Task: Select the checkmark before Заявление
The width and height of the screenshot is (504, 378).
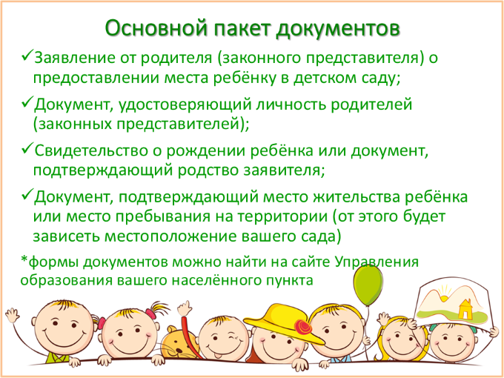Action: tap(27, 56)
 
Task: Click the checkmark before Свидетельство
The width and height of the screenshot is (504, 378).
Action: tap(27, 148)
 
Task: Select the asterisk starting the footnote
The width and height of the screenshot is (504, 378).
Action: tap(24, 259)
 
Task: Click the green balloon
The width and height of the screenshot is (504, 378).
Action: tap(368, 285)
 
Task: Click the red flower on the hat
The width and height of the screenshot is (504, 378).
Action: tap(303, 327)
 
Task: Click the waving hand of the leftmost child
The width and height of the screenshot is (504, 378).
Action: tap(12, 314)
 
